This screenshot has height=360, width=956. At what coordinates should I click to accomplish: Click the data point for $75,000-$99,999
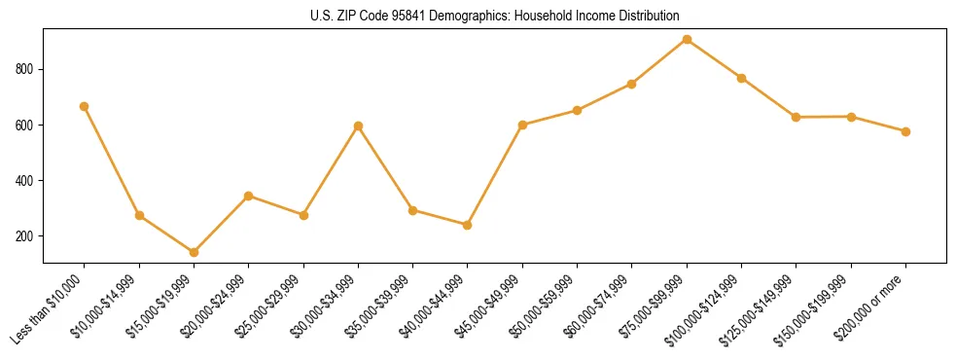(x=687, y=40)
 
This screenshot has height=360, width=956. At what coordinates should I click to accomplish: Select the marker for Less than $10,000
(x=85, y=106)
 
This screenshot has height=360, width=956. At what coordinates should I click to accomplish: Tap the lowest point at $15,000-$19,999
(x=194, y=252)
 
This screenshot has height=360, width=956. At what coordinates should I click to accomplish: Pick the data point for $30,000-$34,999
(x=358, y=126)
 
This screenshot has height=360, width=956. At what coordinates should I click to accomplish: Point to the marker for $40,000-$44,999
(x=468, y=225)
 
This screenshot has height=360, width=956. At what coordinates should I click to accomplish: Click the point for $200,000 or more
(x=905, y=131)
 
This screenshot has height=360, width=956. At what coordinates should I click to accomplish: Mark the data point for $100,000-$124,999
(x=741, y=78)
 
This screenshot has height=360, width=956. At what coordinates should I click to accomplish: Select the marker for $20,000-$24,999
(x=249, y=196)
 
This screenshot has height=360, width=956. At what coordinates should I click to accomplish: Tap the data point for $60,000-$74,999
(x=632, y=84)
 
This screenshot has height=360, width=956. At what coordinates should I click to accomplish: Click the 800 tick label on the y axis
(x=26, y=70)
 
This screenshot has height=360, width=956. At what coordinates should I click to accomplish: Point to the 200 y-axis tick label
(x=26, y=236)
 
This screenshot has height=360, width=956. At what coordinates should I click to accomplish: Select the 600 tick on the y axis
(x=26, y=126)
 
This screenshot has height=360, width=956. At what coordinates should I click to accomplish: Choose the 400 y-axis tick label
(x=26, y=181)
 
